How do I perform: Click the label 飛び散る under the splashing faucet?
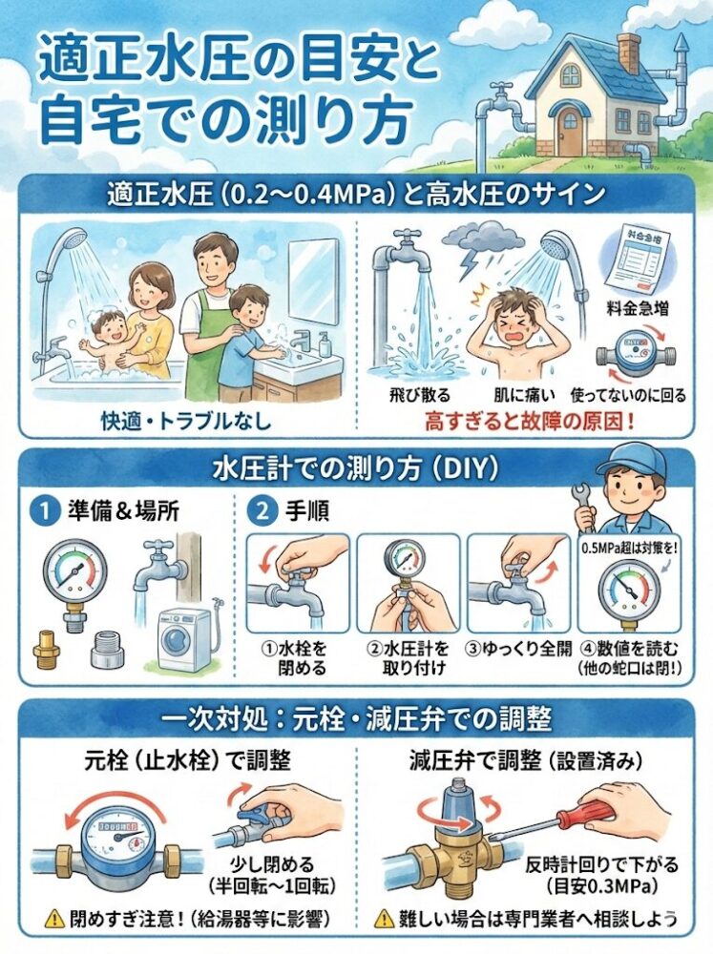(413, 393)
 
